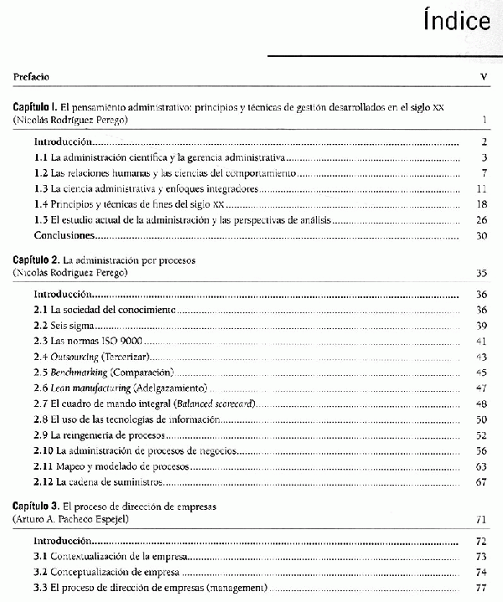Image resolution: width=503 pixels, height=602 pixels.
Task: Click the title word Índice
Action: click(x=456, y=21)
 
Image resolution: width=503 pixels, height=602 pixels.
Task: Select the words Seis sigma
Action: click(x=70, y=326)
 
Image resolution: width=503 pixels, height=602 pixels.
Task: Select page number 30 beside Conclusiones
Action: click(x=481, y=236)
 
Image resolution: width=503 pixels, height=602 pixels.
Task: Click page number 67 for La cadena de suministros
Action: click(x=481, y=482)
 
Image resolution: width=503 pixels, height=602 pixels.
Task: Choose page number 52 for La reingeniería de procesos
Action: click(x=481, y=435)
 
